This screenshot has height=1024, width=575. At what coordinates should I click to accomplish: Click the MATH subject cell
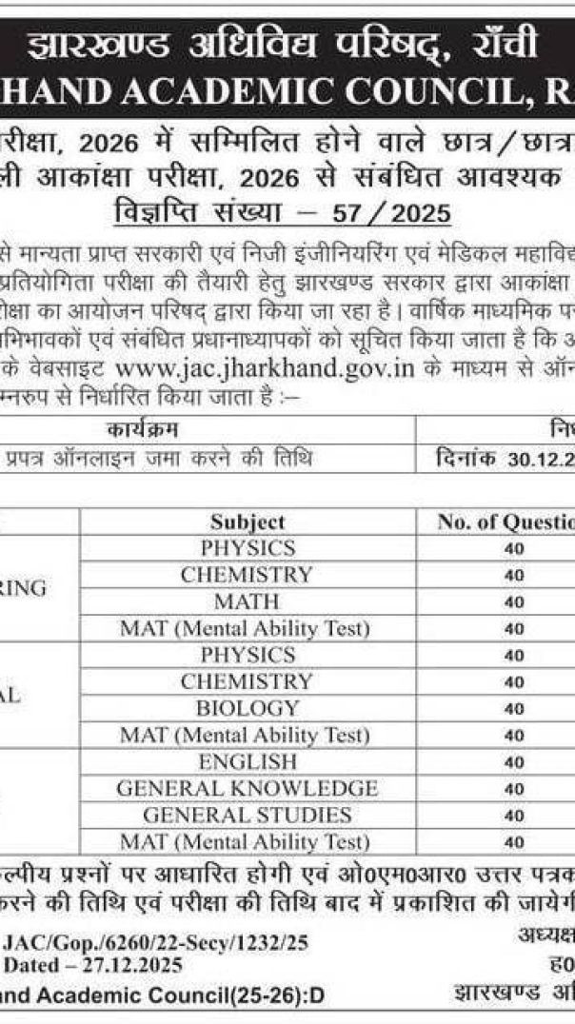coord(247,601)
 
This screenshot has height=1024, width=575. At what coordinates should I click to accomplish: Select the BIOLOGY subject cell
coord(247,708)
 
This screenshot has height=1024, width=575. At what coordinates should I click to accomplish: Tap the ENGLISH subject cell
coord(247,762)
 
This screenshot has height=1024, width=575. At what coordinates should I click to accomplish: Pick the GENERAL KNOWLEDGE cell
coord(247,789)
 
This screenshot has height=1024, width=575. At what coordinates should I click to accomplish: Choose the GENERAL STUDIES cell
coord(247,816)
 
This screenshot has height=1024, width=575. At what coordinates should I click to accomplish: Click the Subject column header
coord(248,522)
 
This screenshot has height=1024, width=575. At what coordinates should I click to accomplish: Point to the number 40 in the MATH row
coord(514,602)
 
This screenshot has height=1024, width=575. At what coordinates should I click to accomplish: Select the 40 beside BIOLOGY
coord(514,709)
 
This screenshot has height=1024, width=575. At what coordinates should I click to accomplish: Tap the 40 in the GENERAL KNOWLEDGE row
coord(514,789)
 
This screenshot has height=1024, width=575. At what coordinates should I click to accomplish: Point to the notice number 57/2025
coord(410,213)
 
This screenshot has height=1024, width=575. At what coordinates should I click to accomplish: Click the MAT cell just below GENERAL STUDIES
coord(247,842)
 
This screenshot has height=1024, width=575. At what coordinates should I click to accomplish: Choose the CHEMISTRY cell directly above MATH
coord(247,575)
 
